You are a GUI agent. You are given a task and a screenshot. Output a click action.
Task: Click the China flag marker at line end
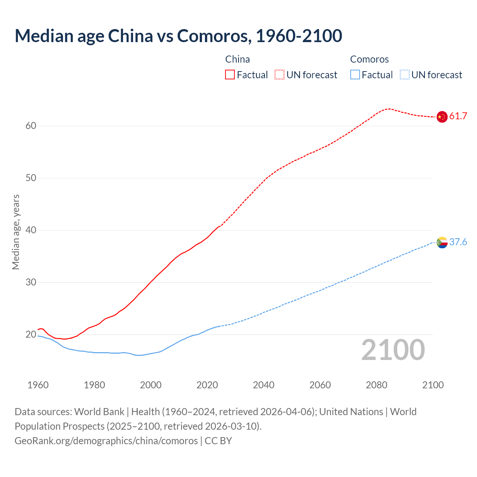[x=442, y=117]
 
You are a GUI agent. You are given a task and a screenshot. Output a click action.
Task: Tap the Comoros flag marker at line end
[x=442, y=243]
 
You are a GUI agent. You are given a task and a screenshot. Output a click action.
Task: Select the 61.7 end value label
[x=458, y=116]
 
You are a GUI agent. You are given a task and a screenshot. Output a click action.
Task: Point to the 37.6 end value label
[x=458, y=242]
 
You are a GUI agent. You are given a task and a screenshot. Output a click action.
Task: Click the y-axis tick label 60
[x=31, y=126]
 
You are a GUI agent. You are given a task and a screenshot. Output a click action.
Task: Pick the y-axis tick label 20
[x=31, y=335]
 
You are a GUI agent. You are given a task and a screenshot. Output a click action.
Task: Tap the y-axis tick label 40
[x=31, y=230]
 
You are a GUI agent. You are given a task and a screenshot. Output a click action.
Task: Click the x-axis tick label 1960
[x=38, y=385]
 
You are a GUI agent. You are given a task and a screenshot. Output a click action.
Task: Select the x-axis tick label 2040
[x=263, y=385]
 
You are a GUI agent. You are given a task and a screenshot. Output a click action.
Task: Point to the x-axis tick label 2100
[x=433, y=385]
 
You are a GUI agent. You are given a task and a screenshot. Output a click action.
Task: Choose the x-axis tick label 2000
[x=151, y=385]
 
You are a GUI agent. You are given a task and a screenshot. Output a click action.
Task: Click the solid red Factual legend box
[x=230, y=75]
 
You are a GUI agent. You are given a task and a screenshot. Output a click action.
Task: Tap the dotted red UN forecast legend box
[x=279, y=75]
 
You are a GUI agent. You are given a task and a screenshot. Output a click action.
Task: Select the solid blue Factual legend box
[x=355, y=75]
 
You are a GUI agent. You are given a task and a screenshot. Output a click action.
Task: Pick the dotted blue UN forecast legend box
[x=404, y=75]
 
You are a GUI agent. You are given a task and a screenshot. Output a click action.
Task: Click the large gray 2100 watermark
[x=393, y=350]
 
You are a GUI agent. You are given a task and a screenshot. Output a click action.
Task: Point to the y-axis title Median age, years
[x=16, y=232]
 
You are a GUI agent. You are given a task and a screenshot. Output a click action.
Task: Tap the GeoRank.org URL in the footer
[x=106, y=441]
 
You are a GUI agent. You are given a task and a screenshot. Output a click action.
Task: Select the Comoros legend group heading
[x=369, y=59]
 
